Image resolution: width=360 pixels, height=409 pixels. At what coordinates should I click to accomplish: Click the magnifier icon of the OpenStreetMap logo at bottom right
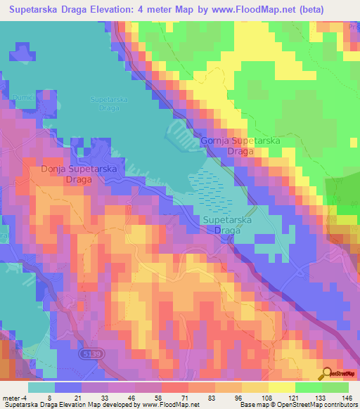click(x=328, y=375)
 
